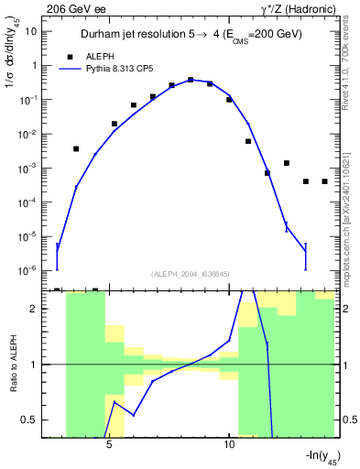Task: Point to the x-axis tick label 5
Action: (110, 445)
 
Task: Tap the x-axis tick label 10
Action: (228, 445)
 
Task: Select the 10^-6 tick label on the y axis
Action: (28, 270)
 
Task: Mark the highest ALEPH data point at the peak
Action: (191, 80)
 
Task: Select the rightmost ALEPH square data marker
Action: (324, 181)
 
